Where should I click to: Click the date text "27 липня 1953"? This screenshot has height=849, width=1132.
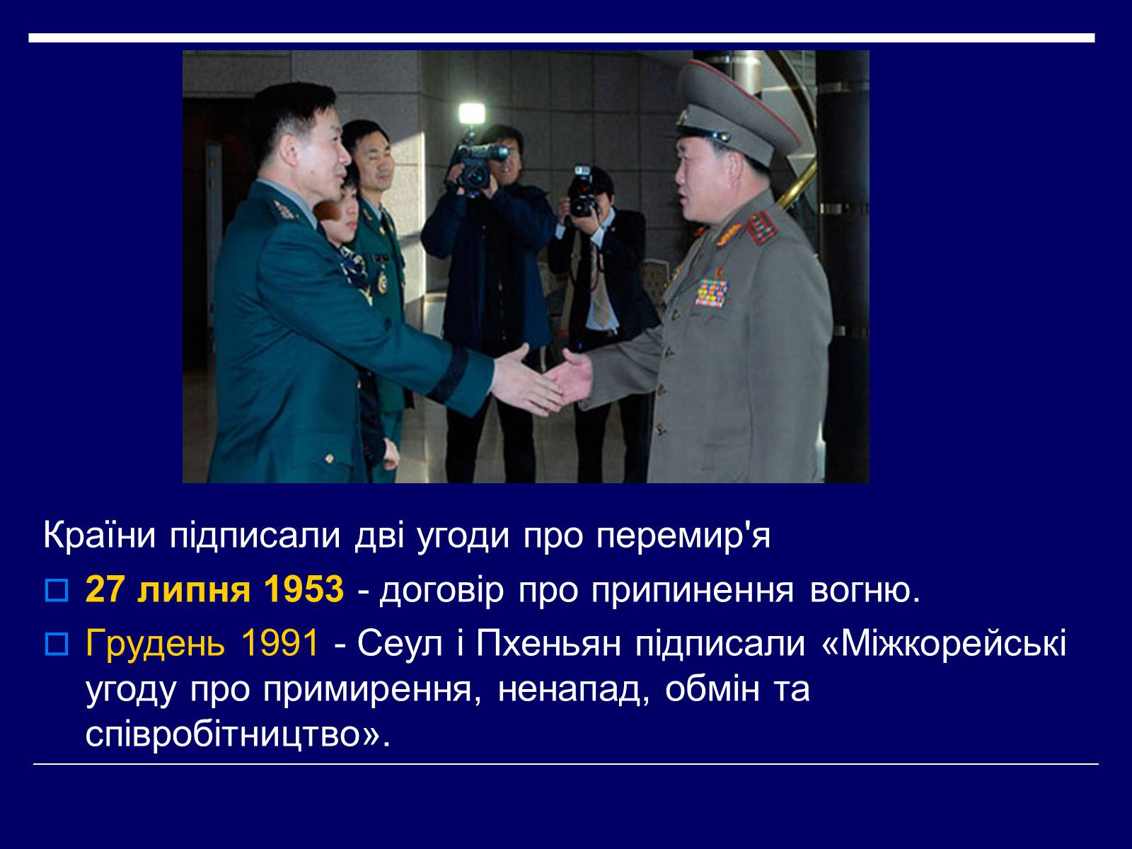(x=214, y=589)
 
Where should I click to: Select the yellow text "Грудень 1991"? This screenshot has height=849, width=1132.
(x=202, y=643)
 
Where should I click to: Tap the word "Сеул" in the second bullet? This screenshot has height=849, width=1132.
(x=400, y=644)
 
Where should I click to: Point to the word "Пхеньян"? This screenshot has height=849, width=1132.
(x=549, y=644)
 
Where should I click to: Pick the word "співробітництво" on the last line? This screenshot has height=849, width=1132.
(x=229, y=734)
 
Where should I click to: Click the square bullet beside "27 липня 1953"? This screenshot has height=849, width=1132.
(x=56, y=591)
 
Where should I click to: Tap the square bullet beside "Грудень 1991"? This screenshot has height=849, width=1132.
(x=56, y=645)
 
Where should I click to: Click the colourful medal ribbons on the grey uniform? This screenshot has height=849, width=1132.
(x=711, y=293)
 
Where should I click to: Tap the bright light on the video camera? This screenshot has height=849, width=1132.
(x=472, y=113)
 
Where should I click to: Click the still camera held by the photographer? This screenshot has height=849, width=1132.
(x=582, y=192)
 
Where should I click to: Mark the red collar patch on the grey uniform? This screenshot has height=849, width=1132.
(x=761, y=229)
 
